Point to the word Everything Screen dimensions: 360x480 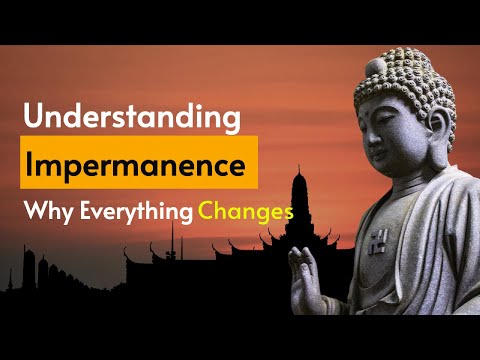tap(133, 212)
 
